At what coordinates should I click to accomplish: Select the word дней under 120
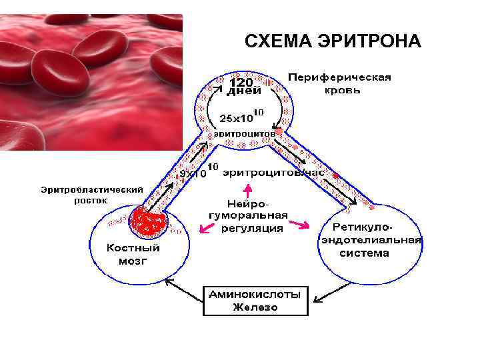tap(244, 91)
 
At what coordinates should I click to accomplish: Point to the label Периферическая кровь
tap(339, 83)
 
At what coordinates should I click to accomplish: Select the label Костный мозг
tap(133, 254)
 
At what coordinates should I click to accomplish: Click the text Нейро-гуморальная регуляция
tap(248, 215)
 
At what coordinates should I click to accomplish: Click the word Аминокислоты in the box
tap(255, 294)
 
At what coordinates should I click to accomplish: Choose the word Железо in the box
tap(255, 307)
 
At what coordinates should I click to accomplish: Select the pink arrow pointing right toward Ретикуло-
tap(301, 225)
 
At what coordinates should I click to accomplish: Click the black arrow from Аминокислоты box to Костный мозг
tap(183, 290)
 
